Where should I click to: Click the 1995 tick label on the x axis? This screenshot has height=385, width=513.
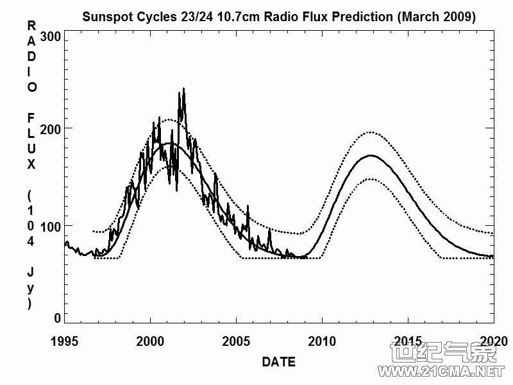click(65, 340)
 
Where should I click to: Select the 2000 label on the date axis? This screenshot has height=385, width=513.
click(151, 340)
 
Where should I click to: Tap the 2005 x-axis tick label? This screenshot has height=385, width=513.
click(236, 340)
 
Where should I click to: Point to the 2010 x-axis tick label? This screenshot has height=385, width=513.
click(322, 340)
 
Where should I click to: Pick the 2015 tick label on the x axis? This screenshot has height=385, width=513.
click(407, 340)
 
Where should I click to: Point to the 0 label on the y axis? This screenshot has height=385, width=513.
click(57, 318)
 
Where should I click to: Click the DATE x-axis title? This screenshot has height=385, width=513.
click(279, 363)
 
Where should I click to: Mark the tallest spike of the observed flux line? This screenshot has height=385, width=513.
click(183, 89)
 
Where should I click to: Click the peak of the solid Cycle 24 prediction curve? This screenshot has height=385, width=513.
click(370, 155)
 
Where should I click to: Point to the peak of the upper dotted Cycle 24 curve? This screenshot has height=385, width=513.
click(370, 132)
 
